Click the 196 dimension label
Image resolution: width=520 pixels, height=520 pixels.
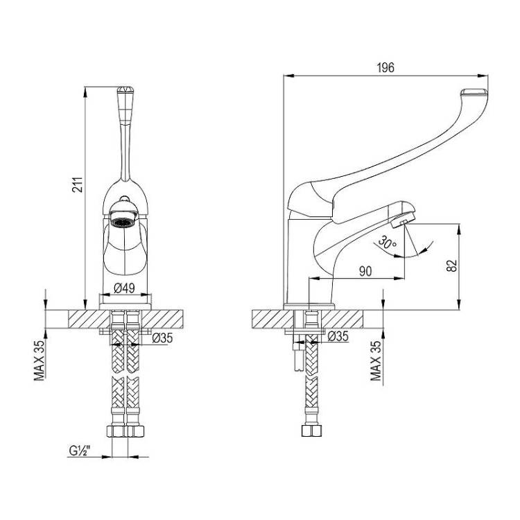(x=385, y=68)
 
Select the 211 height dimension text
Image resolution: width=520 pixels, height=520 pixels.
(x=78, y=184)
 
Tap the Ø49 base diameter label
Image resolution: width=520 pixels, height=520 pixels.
(x=124, y=288)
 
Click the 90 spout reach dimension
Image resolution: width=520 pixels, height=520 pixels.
(x=365, y=271)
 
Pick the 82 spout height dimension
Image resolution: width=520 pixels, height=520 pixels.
(x=451, y=266)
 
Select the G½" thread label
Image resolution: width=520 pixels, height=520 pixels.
(x=80, y=451)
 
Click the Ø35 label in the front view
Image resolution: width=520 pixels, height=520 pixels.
(x=162, y=338)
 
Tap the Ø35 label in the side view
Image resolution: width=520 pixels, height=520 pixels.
(x=338, y=336)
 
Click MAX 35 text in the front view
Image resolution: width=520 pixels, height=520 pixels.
(x=39, y=361)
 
